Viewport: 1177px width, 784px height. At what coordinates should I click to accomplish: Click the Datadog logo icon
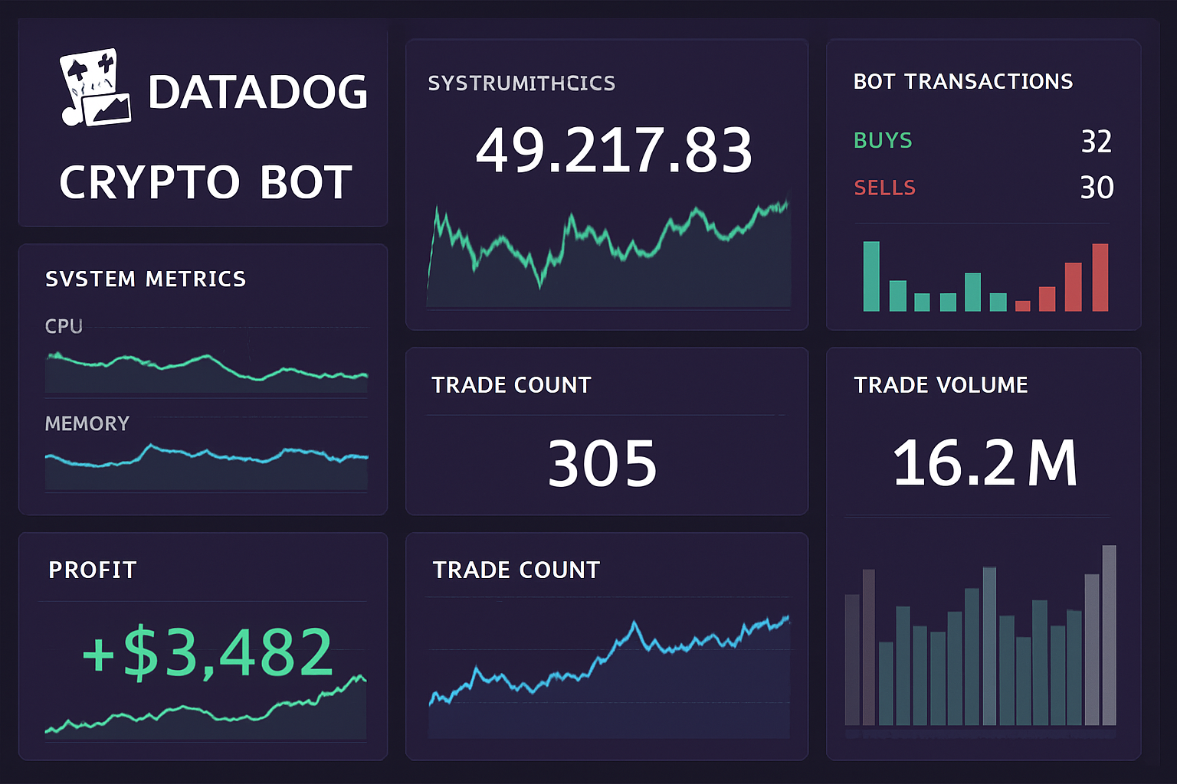(95, 88)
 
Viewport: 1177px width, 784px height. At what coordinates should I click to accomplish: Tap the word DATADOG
(257, 93)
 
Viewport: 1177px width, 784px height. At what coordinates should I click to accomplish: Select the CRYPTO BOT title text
(205, 182)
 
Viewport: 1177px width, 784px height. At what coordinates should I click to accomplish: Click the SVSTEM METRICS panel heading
(146, 279)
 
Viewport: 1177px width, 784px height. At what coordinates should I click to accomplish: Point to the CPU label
(64, 326)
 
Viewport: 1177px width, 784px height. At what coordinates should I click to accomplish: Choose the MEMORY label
(87, 423)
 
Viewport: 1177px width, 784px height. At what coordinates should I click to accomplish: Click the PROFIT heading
(92, 570)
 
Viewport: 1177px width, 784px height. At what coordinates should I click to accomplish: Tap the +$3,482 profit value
(207, 652)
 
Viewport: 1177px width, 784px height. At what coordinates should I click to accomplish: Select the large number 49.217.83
(614, 150)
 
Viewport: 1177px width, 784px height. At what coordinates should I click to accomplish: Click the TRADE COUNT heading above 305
(511, 384)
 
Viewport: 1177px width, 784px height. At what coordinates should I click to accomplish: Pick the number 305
(602, 463)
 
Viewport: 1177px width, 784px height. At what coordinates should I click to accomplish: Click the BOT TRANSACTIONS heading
(963, 81)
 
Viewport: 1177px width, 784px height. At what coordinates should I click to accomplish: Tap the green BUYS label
(883, 140)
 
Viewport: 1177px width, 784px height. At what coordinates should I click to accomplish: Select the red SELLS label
(884, 188)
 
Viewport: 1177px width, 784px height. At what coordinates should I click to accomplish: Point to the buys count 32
(1096, 142)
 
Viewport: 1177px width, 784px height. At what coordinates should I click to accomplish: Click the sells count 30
(1097, 188)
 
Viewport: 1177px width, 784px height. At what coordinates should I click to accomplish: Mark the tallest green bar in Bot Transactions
(871, 276)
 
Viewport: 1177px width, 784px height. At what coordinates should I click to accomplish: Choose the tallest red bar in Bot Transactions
(1100, 277)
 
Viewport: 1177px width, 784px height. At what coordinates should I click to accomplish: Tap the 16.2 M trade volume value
(985, 463)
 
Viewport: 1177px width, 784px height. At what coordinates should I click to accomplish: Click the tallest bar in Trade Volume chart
(1109, 635)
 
